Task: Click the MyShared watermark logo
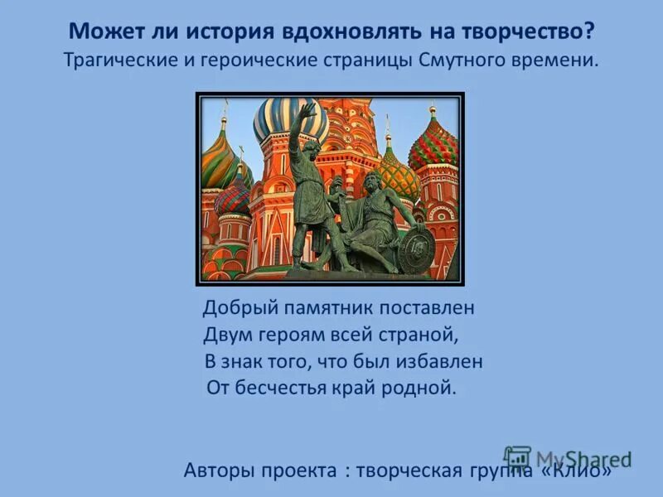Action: tap(567, 458)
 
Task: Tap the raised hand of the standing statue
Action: tap(307, 109)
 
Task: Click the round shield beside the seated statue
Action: tap(414, 248)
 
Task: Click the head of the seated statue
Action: tap(371, 181)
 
